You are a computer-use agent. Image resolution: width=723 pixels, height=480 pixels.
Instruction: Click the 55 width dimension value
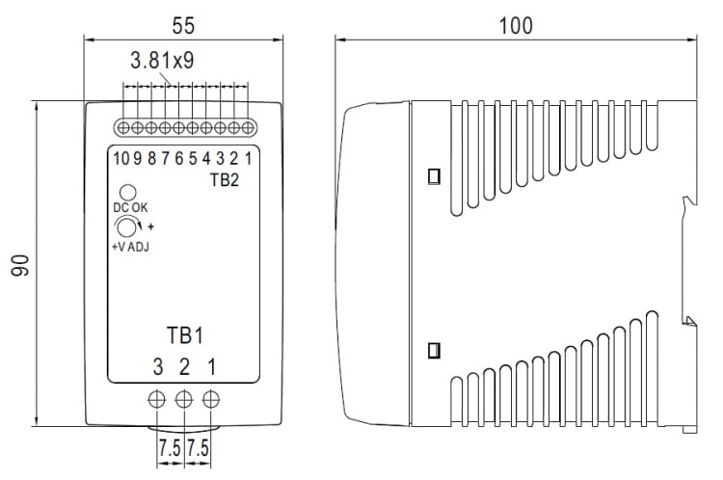[183, 23]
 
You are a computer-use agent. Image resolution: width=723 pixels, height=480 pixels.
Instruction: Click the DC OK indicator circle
[126, 193]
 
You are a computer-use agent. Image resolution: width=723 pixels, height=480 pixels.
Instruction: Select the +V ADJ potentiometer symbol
[125, 227]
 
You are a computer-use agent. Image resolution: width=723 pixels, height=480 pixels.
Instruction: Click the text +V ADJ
[130, 247]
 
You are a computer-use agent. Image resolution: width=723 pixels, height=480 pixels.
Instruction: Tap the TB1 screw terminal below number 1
[209, 397]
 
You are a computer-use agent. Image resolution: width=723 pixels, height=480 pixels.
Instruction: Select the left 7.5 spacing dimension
[170, 448]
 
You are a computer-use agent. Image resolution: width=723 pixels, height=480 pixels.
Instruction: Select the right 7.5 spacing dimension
[198, 448]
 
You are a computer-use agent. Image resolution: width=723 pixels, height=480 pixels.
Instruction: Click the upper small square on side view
[434, 176]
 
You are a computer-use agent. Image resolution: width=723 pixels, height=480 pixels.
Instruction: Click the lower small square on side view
[434, 348]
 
